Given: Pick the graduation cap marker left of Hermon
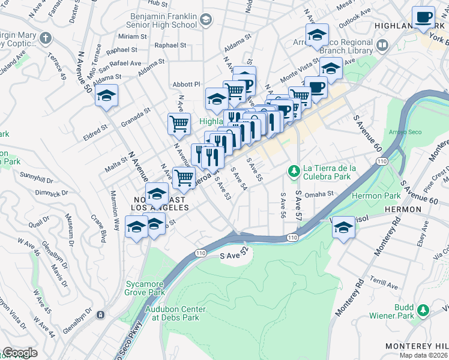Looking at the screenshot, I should point(343,228).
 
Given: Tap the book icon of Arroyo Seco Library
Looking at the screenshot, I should point(381,45).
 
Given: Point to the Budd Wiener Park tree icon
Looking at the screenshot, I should point(423,310).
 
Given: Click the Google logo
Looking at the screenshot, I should point(20,353).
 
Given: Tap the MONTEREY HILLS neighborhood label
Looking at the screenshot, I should point(416,346).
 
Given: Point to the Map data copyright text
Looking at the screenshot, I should point(423,355).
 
